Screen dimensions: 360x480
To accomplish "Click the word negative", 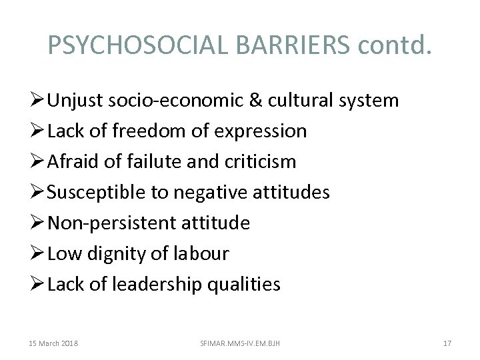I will click(x=219, y=193).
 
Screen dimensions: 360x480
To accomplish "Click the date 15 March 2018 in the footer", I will click(x=54, y=343).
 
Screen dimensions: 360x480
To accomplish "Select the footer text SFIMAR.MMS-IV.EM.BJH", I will click(x=240, y=343).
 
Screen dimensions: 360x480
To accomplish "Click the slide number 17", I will click(x=447, y=343).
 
